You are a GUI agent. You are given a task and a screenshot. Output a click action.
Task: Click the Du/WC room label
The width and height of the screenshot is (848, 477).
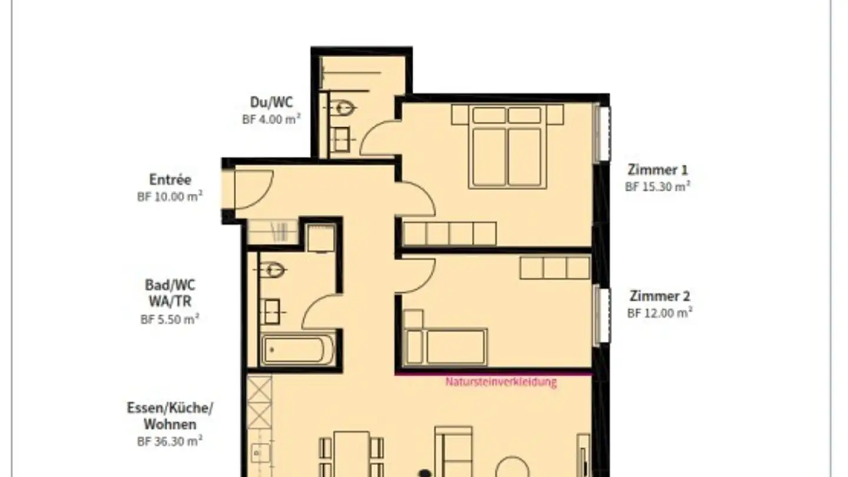click(271, 102)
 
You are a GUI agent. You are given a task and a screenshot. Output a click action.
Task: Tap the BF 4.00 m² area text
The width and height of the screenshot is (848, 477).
click(271, 118)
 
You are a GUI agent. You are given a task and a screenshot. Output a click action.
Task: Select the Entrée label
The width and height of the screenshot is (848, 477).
click(170, 180)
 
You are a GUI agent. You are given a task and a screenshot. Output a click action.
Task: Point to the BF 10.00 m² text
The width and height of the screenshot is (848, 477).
click(170, 197)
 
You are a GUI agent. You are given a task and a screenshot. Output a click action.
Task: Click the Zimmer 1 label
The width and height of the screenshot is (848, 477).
click(657, 170)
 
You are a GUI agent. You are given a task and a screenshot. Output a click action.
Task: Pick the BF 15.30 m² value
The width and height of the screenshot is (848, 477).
click(657, 187)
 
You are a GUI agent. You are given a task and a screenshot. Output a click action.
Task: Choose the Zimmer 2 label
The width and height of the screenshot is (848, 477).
click(660, 296)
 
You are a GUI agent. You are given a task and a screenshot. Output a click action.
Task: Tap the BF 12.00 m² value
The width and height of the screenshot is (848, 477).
click(660, 313)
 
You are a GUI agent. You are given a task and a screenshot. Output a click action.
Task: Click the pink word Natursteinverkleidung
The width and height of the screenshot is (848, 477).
click(501, 382)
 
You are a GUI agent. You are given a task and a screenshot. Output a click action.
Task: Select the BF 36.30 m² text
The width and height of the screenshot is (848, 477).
click(170, 440)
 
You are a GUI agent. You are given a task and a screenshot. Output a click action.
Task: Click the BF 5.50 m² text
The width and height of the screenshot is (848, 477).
click(170, 319)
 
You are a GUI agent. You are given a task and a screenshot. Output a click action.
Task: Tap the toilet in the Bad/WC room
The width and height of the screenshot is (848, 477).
click(273, 270)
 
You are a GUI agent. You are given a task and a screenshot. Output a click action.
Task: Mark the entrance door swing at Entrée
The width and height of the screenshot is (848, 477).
click(253, 190)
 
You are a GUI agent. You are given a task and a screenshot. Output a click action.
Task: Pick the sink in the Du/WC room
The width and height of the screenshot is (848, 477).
click(340, 140)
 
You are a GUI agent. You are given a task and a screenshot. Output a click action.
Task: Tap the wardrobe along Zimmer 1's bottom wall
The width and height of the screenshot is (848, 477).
click(449, 234)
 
